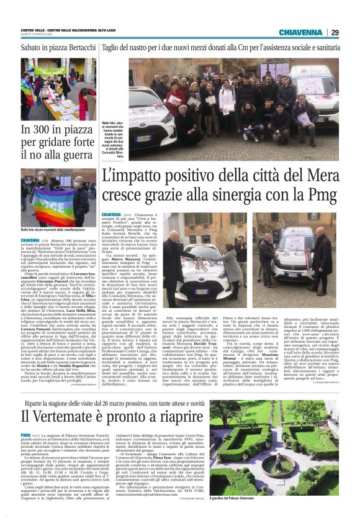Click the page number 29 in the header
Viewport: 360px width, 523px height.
tap(335, 32)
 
